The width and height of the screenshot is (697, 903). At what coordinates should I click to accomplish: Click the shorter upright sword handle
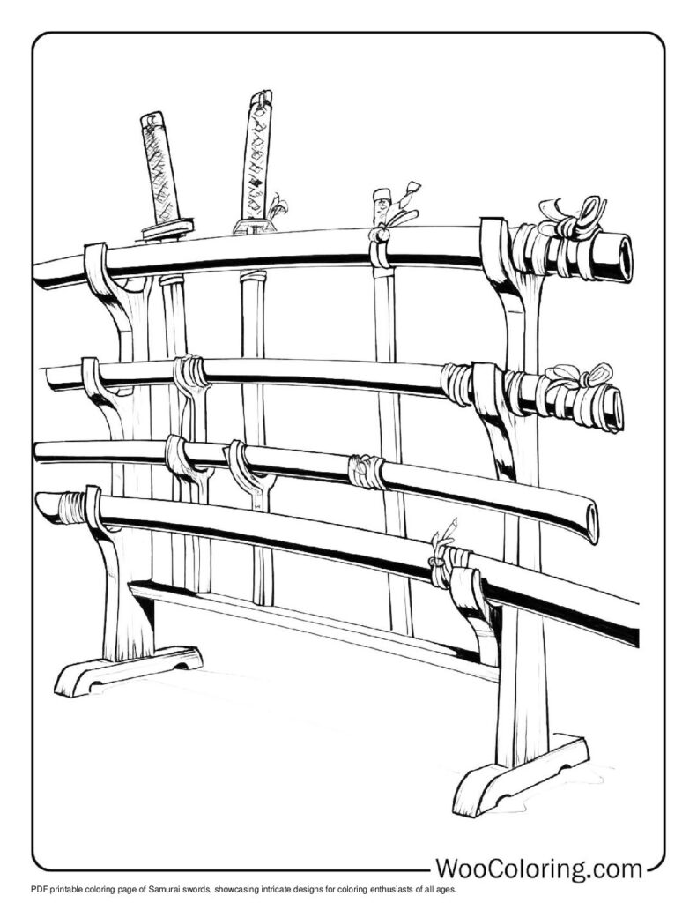(x=159, y=168)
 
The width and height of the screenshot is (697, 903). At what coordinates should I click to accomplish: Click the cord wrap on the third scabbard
(x=366, y=473)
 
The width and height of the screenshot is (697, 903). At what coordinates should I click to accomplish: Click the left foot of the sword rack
(x=128, y=671)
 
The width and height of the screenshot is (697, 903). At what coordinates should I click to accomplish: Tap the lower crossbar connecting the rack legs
(x=317, y=625)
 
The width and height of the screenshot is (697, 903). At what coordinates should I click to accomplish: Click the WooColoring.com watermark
(x=539, y=869)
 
